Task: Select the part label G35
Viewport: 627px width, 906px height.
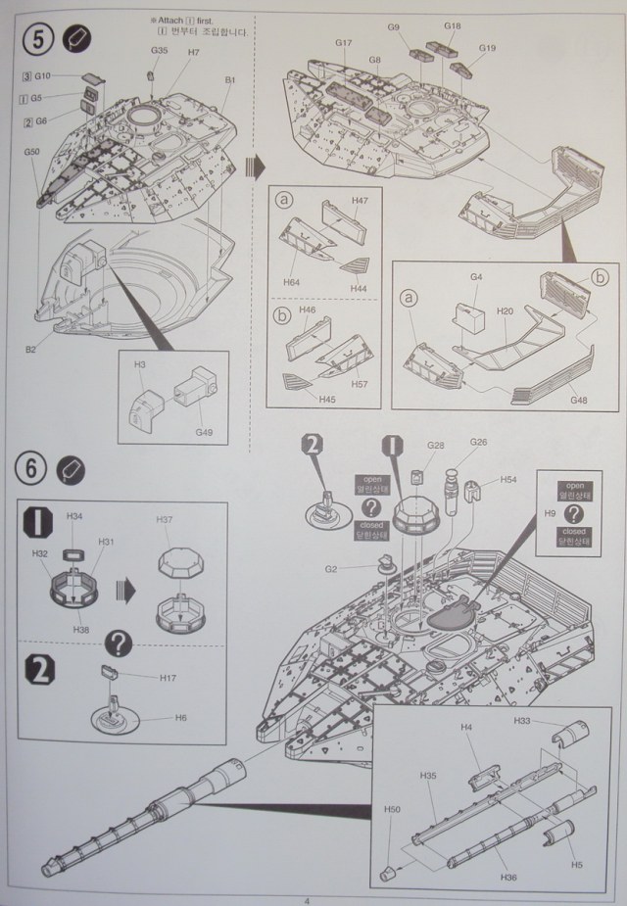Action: click(x=159, y=50)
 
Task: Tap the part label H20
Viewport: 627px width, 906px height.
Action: click(x=505, y=310)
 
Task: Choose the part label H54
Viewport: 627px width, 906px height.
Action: click(x=507, y=479)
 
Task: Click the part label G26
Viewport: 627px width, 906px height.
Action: click(x=477, y=442)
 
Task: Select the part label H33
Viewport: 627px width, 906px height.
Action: click(x=523, y=721)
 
